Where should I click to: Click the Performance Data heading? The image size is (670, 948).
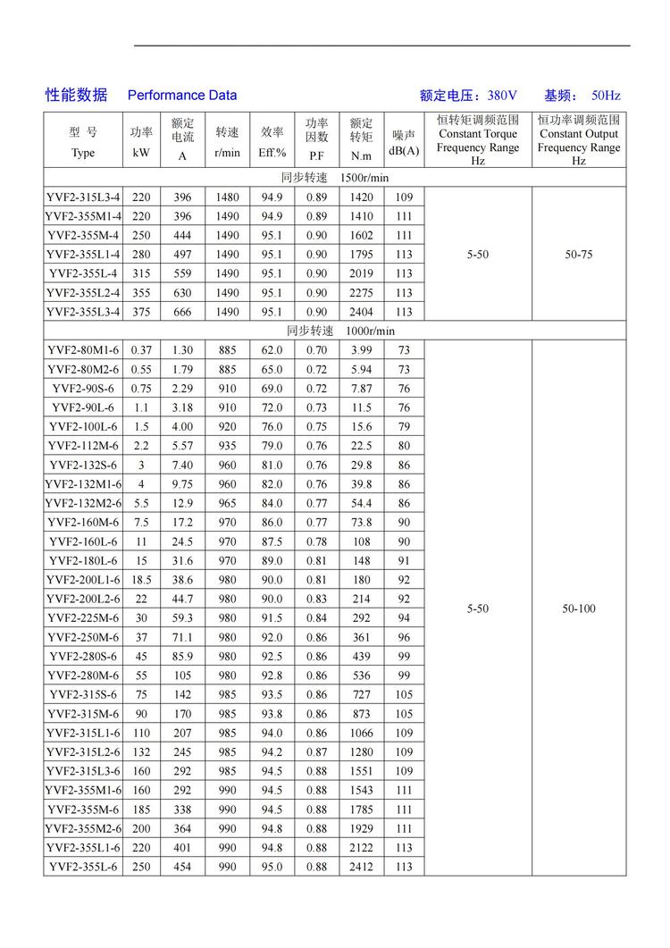coord(182,95)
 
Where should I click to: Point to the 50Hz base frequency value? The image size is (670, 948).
coord(605,95)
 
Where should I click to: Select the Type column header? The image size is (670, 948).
coord(82,153)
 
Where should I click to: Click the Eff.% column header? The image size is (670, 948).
coord(272,153)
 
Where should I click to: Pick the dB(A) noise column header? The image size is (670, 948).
coord(404,151)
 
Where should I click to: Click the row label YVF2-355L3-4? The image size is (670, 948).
coord(83,312)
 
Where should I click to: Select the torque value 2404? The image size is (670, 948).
coord(361,312)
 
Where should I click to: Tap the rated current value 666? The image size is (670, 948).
coord(182,312)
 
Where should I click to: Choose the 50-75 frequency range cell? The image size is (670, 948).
coord(579,255)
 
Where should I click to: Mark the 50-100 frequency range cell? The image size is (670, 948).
coord(579,608)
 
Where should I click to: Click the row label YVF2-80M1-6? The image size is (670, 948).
coord(83,350)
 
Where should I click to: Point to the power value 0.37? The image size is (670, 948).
coord(141,350)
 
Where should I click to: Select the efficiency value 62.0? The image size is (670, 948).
coord(272,350)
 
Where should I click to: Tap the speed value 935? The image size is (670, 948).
coord(227,446)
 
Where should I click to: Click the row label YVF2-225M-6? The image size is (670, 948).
coord(83,617)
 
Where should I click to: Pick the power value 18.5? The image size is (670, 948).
coord(141,580)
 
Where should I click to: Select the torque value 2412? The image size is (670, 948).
coord(361,867)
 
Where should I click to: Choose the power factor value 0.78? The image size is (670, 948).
coord(316,541)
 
